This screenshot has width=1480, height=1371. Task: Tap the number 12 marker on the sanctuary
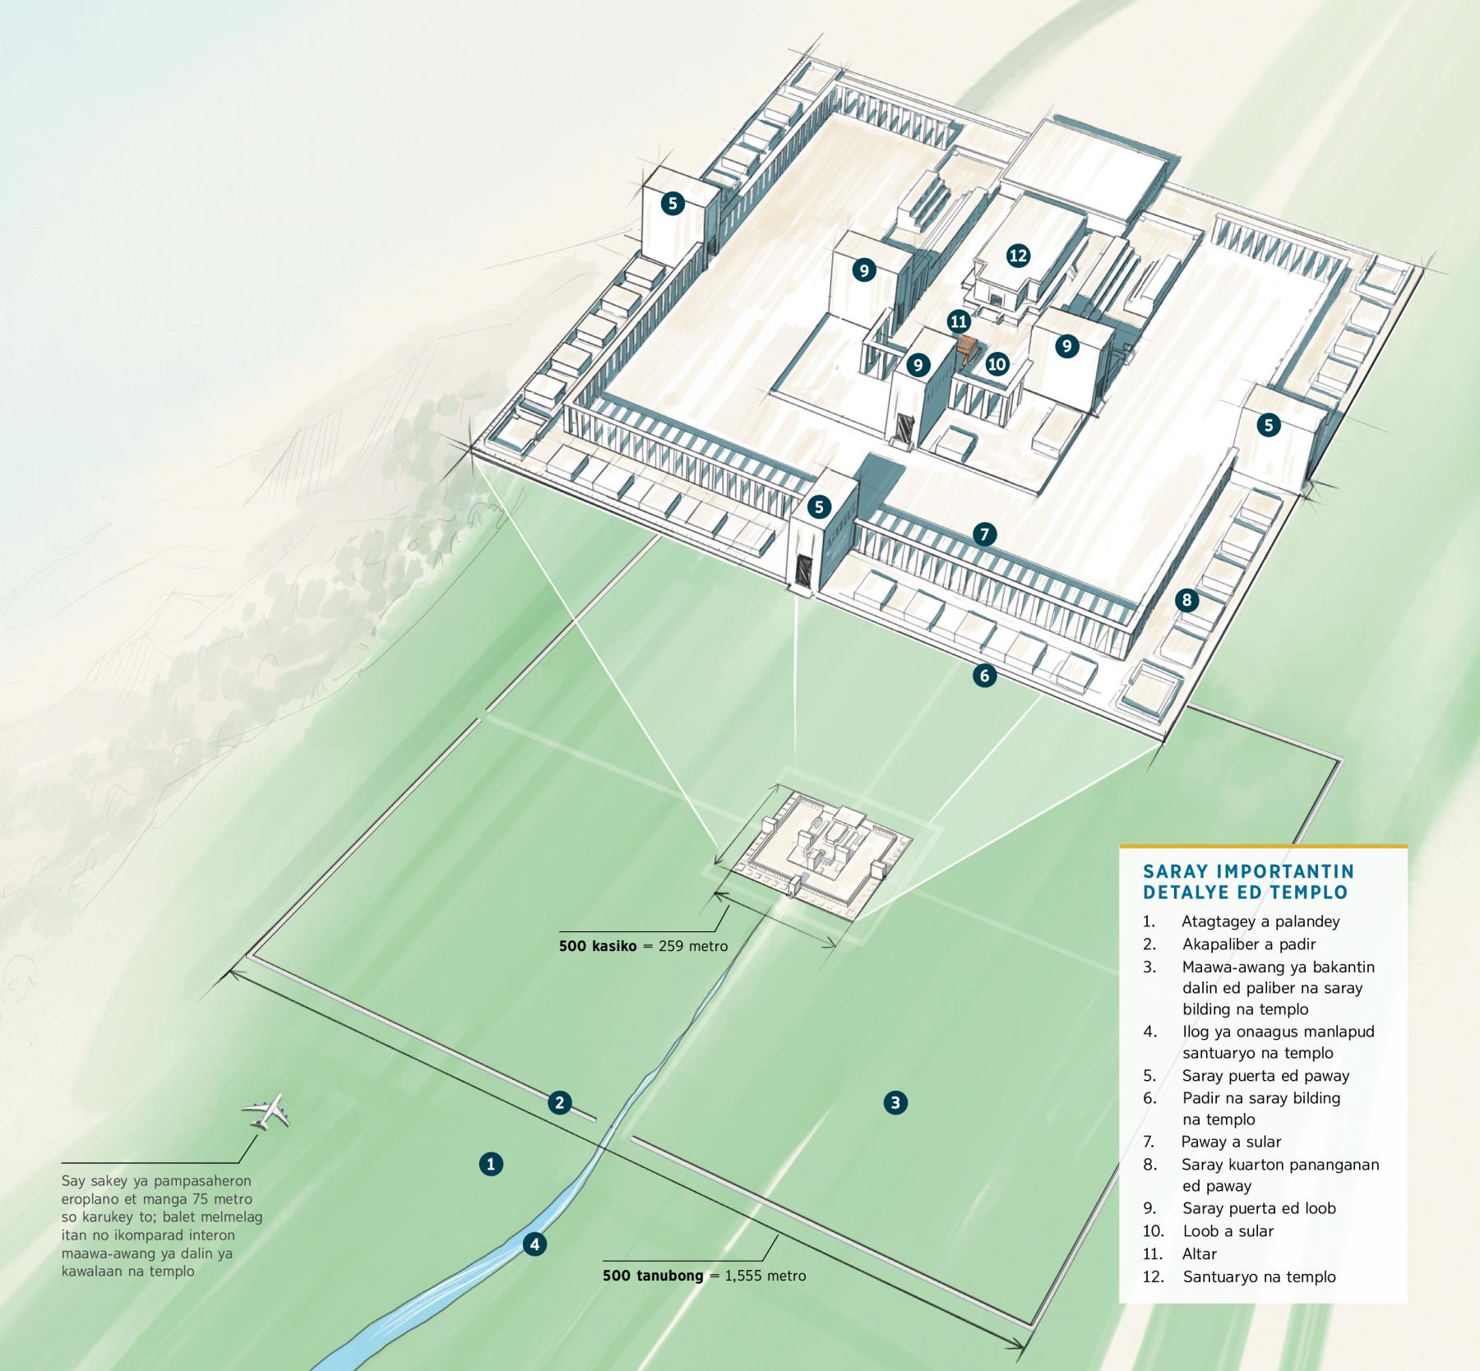1018,256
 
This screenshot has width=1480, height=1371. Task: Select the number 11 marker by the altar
958,321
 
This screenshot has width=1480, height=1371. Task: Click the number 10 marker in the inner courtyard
997,364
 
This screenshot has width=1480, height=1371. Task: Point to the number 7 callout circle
984,535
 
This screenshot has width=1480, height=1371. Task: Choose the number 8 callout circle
1186,601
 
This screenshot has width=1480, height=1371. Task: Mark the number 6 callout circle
984,676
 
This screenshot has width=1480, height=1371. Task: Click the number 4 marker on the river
534,1244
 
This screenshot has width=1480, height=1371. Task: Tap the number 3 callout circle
895,1102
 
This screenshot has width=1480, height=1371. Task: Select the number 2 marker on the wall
560,1102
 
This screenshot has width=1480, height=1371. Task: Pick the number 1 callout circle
491,1164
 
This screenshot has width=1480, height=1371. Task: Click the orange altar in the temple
968,349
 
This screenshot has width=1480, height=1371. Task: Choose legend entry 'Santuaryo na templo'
1259,1276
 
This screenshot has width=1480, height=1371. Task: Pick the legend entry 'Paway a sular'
1231,1142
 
